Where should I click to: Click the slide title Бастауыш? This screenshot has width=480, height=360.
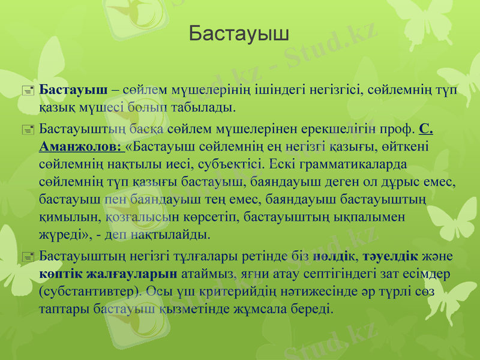coord(239,34)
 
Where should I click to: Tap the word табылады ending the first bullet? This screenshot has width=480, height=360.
coord(210,107)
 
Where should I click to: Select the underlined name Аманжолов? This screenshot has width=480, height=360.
coord(79,146)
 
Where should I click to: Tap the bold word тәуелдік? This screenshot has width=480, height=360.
coord(395,257)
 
